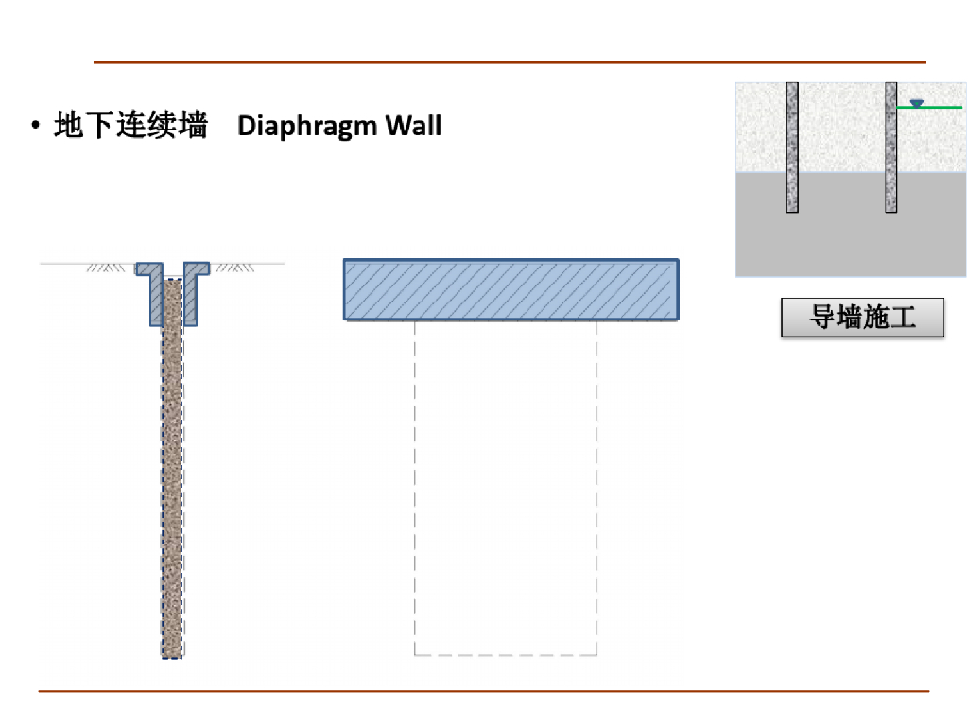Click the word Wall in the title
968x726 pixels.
pos(412,126)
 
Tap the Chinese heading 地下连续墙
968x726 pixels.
pos(131,125)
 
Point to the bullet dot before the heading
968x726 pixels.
pos(36,126)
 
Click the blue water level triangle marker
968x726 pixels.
pos(915,102)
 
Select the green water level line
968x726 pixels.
pos(936,108)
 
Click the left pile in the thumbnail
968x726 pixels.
pos(792,147)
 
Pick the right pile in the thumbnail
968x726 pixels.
pos(890,147)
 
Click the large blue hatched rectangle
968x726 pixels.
pos(510,289)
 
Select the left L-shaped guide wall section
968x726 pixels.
pos(153,293)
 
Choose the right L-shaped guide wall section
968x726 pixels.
pos(192,293)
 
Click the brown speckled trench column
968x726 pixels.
pos(172,473)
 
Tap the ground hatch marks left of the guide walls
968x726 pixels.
pos(106,268)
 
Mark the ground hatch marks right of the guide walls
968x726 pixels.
pos(235,268)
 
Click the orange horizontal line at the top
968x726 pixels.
pos(510,62)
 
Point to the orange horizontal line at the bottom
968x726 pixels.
pos(484,691)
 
